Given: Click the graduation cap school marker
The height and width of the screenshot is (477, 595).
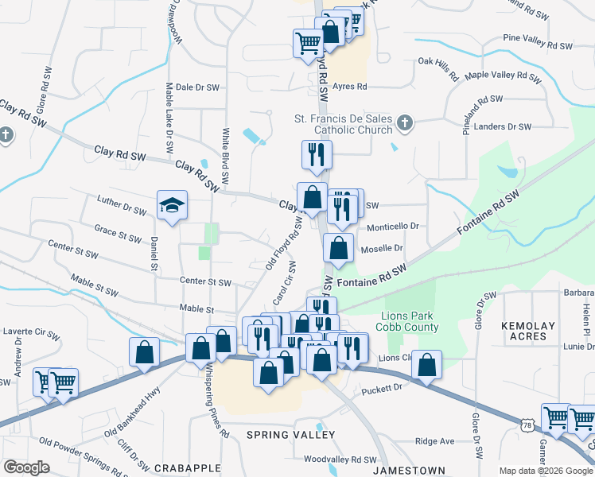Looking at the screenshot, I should [172, 206].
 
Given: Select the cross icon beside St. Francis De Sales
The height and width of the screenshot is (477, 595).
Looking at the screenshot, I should [404, 122].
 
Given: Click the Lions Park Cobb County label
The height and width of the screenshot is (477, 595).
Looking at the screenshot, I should [410, 321].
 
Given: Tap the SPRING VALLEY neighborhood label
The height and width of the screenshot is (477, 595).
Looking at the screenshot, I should [290, 435].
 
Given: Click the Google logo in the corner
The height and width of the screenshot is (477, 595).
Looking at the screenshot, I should [27, 467].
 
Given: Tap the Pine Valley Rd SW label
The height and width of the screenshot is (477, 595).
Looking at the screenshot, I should [538, 41].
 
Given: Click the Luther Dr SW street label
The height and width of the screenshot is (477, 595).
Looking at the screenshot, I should [121, 206].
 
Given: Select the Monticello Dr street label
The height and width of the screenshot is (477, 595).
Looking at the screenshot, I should [392, 227].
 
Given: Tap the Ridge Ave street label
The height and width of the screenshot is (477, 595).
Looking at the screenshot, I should [434, 441].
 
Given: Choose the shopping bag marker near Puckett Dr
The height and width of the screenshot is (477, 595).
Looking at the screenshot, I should [427, 366].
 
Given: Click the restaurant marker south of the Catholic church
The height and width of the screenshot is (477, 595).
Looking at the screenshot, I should [316, 154].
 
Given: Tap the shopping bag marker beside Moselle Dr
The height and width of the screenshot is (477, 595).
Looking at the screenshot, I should [339, 247].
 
